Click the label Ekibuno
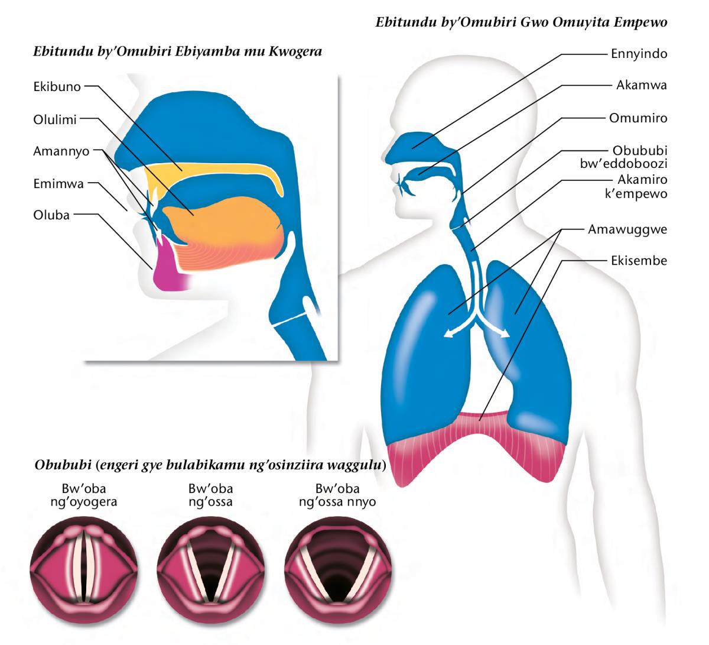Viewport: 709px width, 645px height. click(57, 87)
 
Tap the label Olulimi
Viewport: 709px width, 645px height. click(55, 119)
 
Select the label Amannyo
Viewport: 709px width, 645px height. click(61, 151)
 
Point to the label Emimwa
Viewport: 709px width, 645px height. click(58, 184)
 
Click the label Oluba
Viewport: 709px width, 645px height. click(51, 215)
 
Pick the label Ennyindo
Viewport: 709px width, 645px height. click(639, 54)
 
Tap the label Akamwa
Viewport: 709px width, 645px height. click(642, 85)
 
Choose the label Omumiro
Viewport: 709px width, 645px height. click(638, 118)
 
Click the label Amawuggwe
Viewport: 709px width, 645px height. click(627, 229)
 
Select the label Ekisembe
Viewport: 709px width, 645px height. click(639, 261)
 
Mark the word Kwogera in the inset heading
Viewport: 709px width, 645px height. click(295, 52)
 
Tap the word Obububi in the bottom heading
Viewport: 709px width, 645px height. click(63, 465)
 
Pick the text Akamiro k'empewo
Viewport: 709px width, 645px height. click(636, 186)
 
